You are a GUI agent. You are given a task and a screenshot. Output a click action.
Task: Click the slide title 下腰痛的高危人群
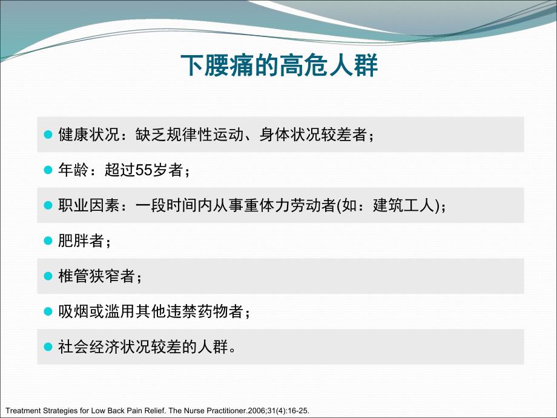280,66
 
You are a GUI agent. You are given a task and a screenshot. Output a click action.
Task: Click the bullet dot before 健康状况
50,135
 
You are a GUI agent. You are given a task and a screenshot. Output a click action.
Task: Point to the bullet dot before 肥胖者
50,241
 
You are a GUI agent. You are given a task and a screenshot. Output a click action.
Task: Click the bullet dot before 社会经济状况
50,347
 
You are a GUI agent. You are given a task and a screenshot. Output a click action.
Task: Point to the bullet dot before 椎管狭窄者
50,277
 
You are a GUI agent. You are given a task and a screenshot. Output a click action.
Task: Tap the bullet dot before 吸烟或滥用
50,312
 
